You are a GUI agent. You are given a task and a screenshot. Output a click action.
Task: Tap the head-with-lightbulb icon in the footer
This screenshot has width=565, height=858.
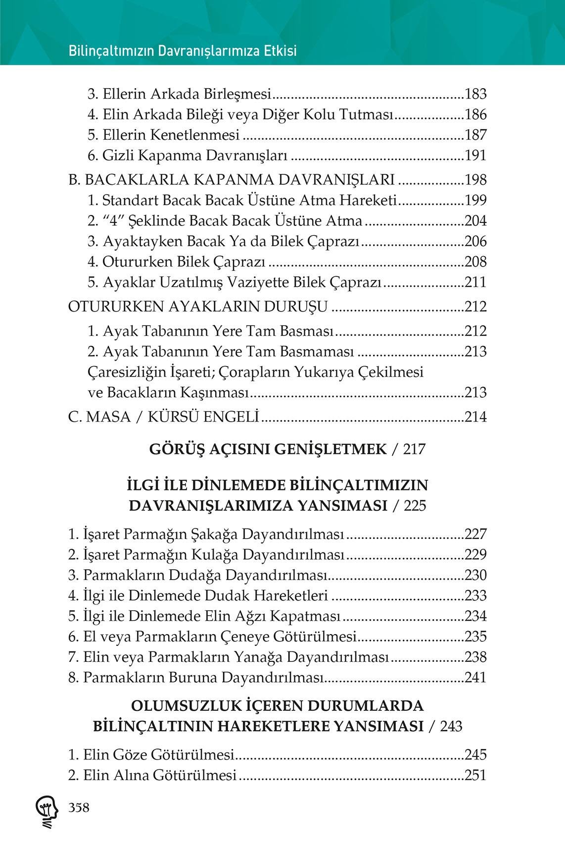46,812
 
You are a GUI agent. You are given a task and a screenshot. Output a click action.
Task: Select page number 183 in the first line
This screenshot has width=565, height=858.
476,94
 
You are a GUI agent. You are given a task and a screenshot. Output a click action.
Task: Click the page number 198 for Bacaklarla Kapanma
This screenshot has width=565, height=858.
476,180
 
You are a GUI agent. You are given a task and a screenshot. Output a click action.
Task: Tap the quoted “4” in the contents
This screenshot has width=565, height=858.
114,221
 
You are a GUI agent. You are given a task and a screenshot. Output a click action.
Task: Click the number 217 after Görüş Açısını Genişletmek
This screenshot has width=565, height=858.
415,449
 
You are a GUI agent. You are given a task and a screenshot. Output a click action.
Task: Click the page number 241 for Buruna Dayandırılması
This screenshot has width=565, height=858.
476,677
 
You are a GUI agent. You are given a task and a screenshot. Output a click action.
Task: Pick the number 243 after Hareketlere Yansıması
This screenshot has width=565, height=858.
451,726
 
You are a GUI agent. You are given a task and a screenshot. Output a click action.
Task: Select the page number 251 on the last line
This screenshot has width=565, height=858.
476,775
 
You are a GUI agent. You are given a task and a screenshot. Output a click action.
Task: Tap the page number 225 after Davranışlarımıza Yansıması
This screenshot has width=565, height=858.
415,506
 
